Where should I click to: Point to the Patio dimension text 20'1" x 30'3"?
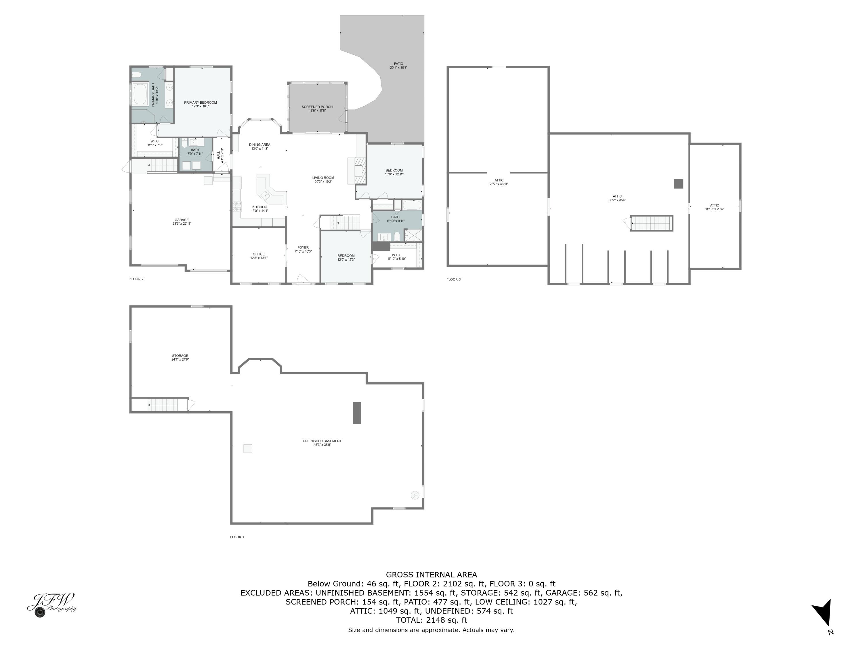(398, 68)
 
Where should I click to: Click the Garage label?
(182, 220)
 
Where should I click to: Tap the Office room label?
(259, 254)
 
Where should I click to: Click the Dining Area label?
(259, 145)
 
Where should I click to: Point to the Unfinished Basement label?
(322, 441)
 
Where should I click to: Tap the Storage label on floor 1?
(180, 356)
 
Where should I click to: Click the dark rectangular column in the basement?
(357, 413)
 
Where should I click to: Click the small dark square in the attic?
(678, 183)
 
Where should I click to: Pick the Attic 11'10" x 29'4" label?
(714, 205)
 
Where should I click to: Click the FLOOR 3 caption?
(453, 279)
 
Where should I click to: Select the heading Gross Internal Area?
(431, 575)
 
